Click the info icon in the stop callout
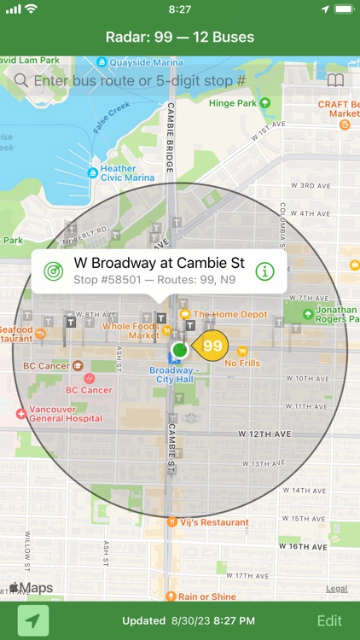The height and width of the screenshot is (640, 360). click(x=265, y=271)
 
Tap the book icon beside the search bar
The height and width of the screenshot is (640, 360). click(x=336, y=81)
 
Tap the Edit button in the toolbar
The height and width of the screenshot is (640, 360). click(x=329, y=621)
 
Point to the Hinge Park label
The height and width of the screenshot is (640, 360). click(x=233, y=103)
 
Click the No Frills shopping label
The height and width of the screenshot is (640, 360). click(x=241, y=363)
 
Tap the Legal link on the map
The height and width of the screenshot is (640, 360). click(x=336, y=589)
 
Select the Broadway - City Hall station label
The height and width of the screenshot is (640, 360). click(x=173, y=375)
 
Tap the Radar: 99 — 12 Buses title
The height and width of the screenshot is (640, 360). click(x=180, y=38)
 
